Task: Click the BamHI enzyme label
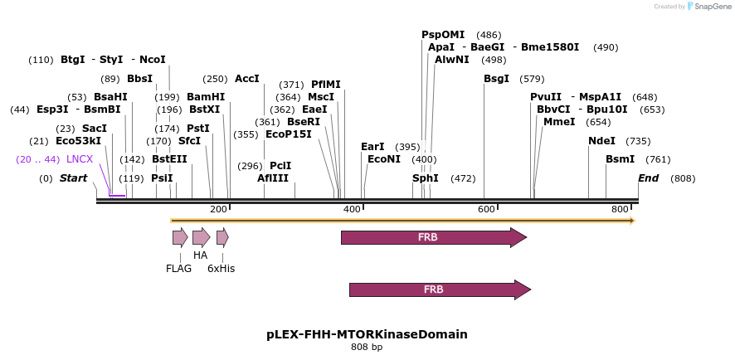(206, 97)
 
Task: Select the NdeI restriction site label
(602, 141)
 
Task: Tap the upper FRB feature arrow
(434, 237)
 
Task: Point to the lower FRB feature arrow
(441, 289)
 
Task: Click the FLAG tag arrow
(181, 238)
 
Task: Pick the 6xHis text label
(221, 269)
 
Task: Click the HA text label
(200, 255)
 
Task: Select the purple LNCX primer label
(80, 159)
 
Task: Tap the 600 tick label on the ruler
(486, 209)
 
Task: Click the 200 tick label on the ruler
(218, 209)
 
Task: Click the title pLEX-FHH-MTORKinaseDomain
(367, 334)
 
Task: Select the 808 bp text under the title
(367, 348)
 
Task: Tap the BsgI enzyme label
(496, 79)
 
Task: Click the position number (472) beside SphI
(463, 178)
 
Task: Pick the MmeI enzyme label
(559, 122)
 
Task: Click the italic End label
(648, 178)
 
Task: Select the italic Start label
(74, 178)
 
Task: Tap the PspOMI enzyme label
(443, 35)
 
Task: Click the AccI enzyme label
(247, 79)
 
